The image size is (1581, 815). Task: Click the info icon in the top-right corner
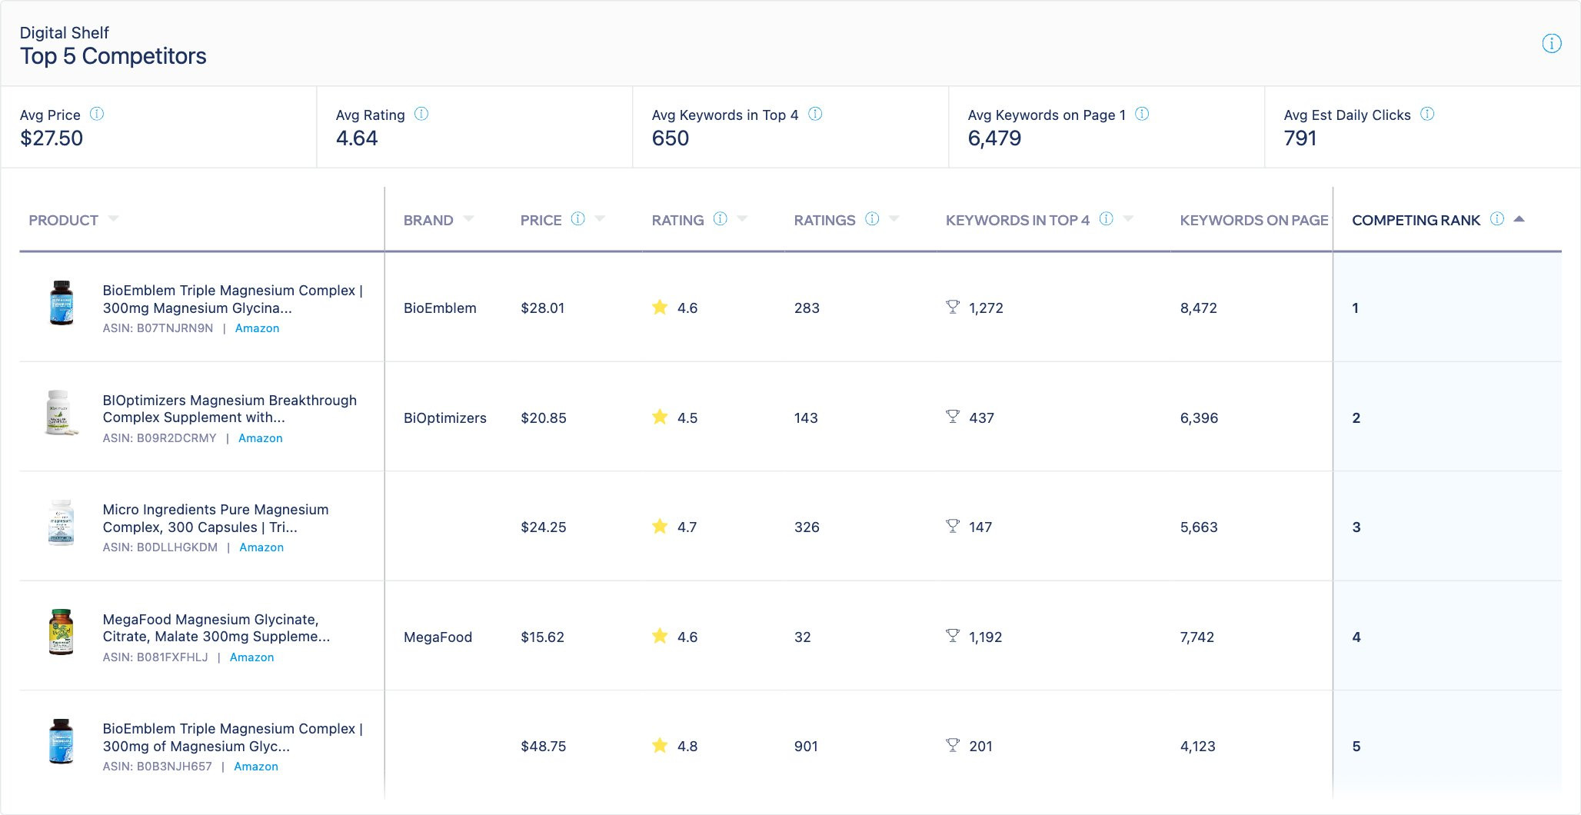(x=1552, y=44)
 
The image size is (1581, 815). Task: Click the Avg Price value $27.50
(x=52, y=138)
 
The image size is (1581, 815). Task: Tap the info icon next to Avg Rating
(x=421, y=114)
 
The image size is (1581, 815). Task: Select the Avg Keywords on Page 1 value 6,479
(x=994, y=138)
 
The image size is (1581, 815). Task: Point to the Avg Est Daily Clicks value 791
(x=1300, y=138)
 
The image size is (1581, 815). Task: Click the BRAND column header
(x=428, y=221)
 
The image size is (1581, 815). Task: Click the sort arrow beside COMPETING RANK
(x=1519, y=219)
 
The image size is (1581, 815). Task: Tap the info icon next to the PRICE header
(x=577, y=219)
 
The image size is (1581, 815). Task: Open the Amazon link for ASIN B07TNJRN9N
(x=257, y=328)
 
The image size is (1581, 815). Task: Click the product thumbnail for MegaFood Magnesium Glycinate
(x=61, y=632)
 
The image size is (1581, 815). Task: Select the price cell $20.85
(x=544, y=418)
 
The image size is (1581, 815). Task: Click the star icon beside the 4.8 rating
(x=660, y=745)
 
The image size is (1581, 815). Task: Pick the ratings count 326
(x=807, y=527)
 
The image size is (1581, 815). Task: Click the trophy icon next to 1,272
(x=953, y=308)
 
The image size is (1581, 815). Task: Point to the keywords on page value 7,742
(x=1197, y=637)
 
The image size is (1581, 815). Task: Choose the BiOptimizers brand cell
(x=445, y=418)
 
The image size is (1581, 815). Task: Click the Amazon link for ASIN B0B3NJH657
(x=256, y=767)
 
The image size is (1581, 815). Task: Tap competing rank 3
(x=1356, y=527)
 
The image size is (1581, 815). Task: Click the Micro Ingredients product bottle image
(x=61, y=523)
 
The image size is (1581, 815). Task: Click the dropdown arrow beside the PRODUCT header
(x=114, y=219)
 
